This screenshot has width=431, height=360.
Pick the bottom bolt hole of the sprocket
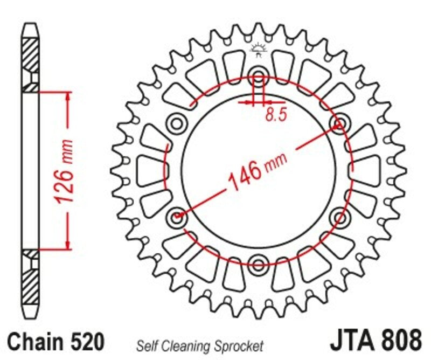pos(258,264)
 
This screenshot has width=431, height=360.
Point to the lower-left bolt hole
pos(177,217)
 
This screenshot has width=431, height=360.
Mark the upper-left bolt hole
pos(176,123)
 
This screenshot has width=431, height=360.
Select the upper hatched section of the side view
pos(30,59)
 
